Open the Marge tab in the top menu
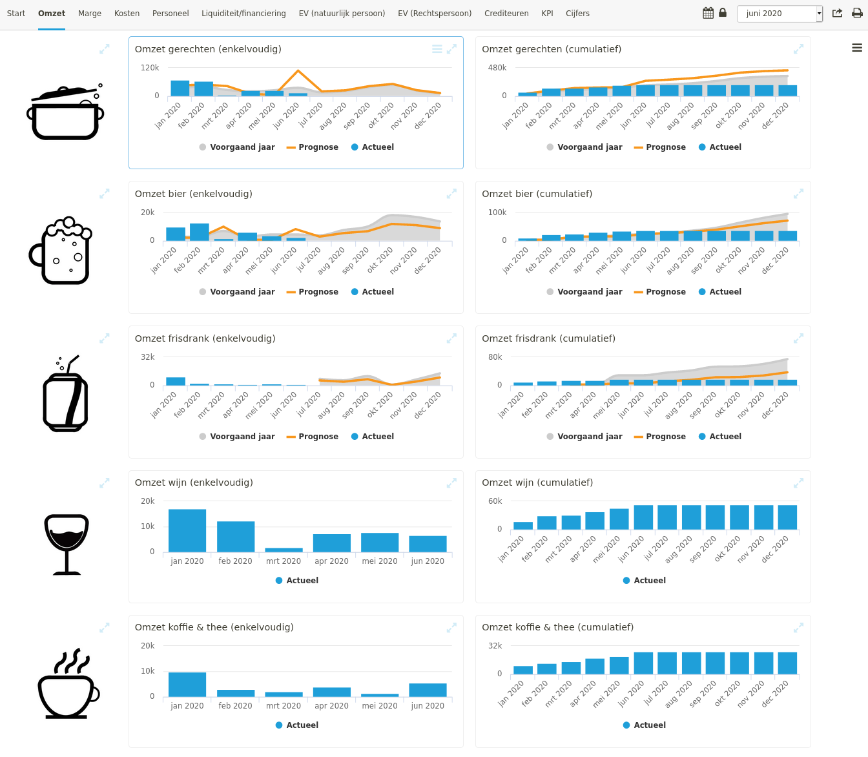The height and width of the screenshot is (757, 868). (90, 14)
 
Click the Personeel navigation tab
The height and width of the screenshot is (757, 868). (170, 14)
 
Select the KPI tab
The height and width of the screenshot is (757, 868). (547, 14)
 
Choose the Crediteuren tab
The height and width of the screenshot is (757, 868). (506, 14)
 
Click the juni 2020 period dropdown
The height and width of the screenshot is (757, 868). (780, 14)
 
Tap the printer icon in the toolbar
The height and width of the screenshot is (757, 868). (857, 14)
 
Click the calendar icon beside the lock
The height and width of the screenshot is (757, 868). (708, 14)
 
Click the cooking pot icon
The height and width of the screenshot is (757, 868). (65, 113)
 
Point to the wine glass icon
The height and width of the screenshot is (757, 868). (66, 544)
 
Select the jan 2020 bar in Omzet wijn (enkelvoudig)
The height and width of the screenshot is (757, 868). (187, 530)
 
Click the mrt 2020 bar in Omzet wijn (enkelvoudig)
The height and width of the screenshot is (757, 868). (284, 550)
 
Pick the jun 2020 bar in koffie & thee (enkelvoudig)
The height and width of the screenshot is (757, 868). (428, 690)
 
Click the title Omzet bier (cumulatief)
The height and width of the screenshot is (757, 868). (537, 194)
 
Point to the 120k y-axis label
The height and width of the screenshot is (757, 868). (150, 68)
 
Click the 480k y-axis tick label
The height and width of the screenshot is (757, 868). (497, 68)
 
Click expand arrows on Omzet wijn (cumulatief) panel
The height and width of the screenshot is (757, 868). (798, 482)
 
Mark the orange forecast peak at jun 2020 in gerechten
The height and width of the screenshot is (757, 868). (298, 71)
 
